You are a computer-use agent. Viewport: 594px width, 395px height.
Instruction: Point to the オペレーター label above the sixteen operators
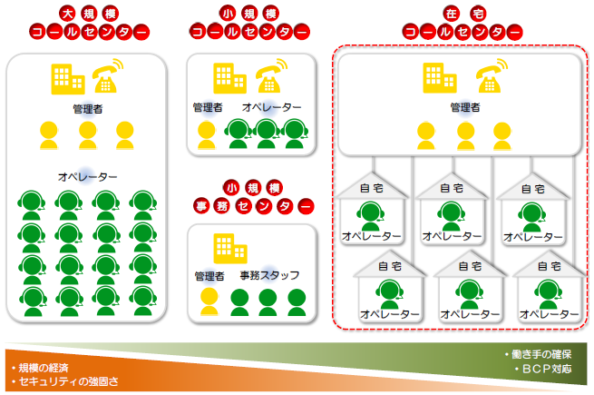88,175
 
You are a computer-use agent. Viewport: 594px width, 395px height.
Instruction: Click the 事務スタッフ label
269,275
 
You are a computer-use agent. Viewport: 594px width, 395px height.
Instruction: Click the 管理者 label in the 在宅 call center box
465,108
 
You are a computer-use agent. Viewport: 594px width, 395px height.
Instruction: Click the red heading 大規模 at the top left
89,15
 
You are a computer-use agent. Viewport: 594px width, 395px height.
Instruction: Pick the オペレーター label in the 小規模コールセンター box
272,107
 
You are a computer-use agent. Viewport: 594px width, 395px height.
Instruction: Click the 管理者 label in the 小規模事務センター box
209,275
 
